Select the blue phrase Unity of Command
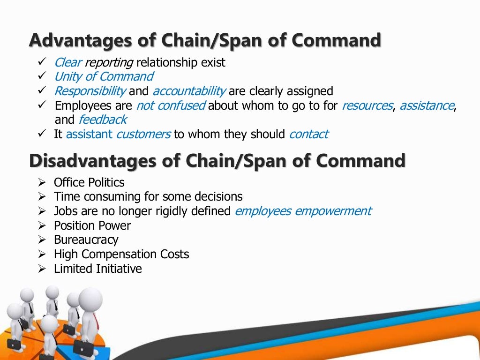coord(104,76)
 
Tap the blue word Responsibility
coord(90,91)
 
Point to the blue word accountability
coord(189,91)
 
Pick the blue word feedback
coord(102,120)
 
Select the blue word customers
coord(143,134)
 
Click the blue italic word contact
coord(309,134)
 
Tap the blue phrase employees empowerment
coord(303,211)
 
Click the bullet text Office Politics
coord(89,182)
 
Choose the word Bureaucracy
coord(86,240)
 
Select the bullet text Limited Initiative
coord(97,269)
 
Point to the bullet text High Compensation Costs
coord(121,254)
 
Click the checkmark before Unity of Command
coord(41,76)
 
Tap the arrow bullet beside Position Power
coord(42,225)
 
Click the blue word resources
coord(367,105)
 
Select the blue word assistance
coord(427,105)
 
